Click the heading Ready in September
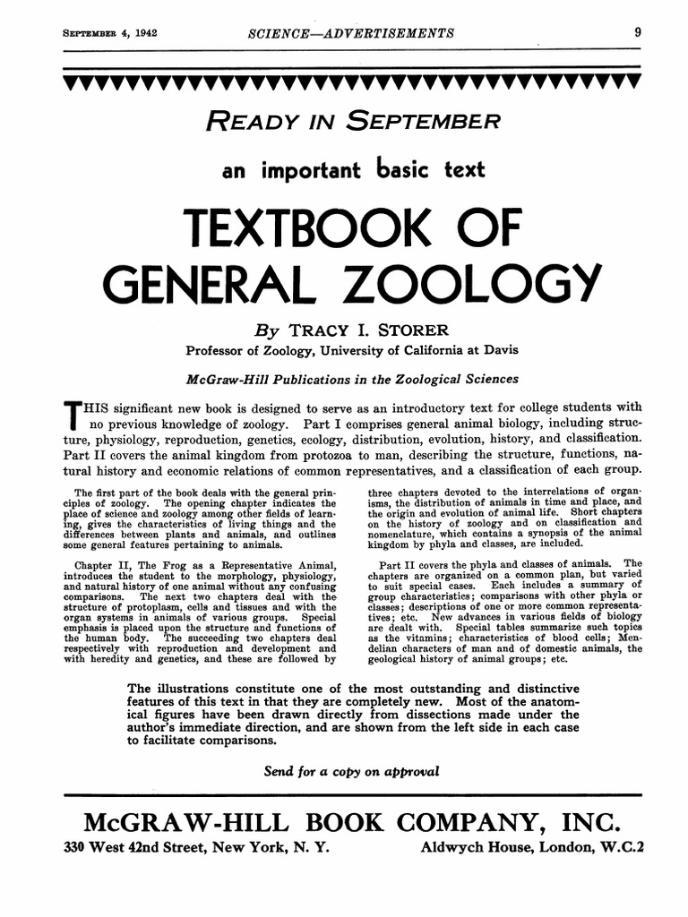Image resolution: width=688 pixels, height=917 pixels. click(351, 121)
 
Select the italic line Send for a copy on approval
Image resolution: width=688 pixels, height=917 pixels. click(351, 772)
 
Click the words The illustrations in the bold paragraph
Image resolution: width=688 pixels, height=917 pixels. click(185, 688)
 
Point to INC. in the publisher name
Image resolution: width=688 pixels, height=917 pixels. click(588, 821)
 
